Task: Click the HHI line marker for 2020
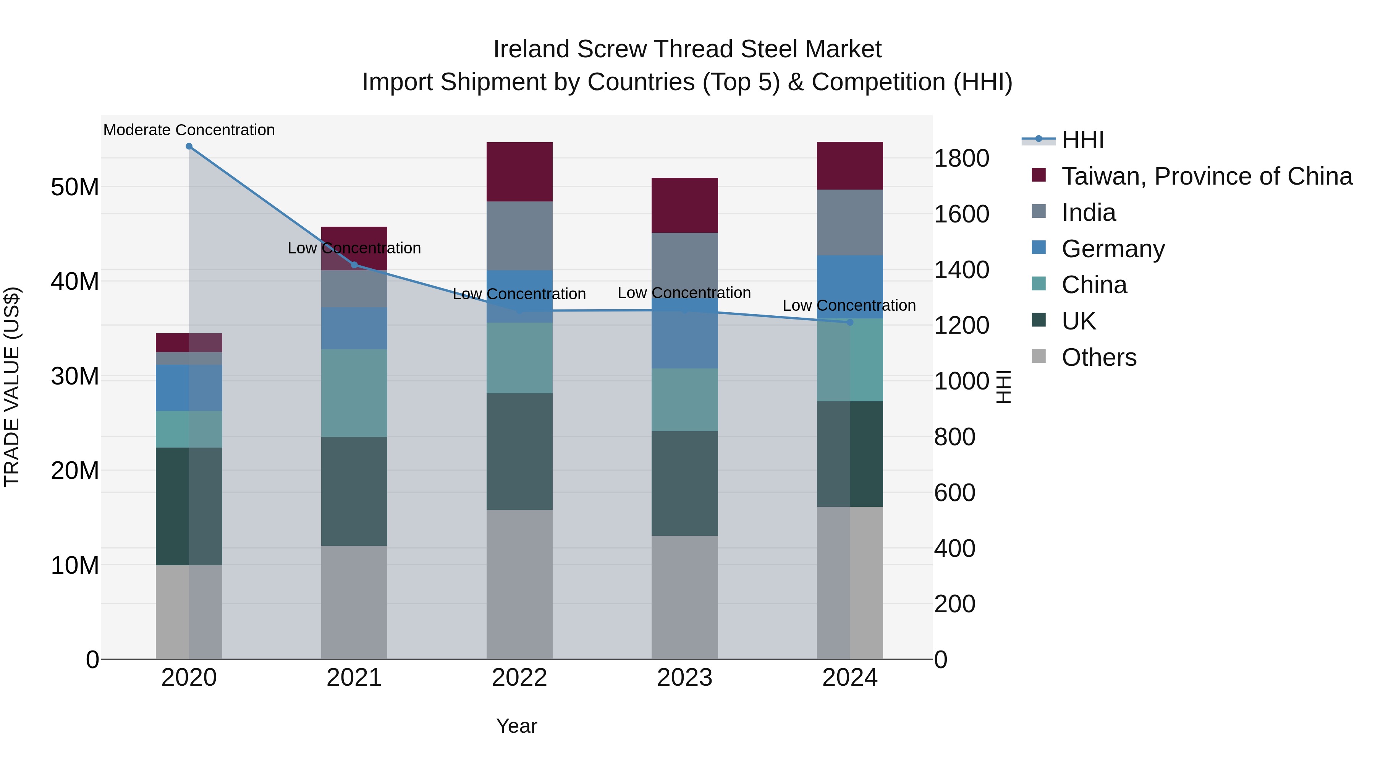[189, 146]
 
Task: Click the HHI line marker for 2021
[354, 265]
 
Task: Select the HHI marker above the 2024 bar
[850, 322]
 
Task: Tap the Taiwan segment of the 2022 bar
[519, 172]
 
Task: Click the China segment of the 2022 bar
[519, 358]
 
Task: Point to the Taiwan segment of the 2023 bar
[684, 205]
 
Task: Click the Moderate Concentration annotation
[189, 130]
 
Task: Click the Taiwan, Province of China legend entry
[1206, 176]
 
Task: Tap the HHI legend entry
[1082, 140]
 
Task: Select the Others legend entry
[1098, 357]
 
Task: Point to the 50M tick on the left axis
[75, 187]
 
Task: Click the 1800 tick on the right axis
[961, 159]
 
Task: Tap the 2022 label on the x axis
[519, 678]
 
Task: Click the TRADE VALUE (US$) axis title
[12, 387]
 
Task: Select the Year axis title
[516, 726]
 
